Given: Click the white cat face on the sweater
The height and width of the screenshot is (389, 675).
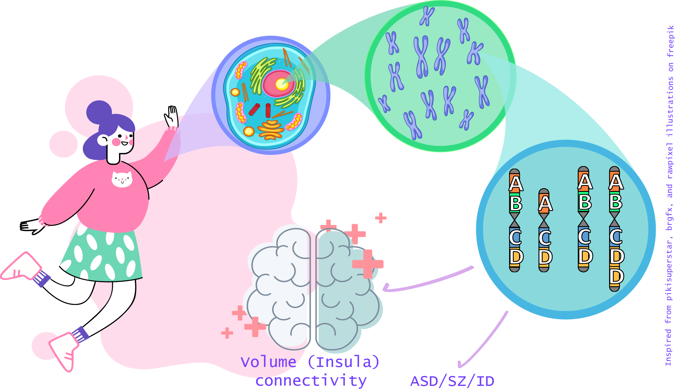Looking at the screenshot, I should pos(122,179).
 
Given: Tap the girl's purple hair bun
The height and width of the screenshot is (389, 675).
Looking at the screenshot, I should pos(99,112).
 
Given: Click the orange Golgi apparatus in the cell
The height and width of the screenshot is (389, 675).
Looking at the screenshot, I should pos(271,129).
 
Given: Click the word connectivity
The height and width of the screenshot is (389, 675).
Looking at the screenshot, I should pos(311,381).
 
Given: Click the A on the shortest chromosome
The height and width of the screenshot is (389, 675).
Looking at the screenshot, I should pos(545,203).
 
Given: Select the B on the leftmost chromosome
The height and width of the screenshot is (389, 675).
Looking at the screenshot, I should pos(516,203).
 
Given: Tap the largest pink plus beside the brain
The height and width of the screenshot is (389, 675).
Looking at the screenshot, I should pos(368,264).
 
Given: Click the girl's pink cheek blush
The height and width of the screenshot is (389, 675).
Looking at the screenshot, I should pos(116,142).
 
